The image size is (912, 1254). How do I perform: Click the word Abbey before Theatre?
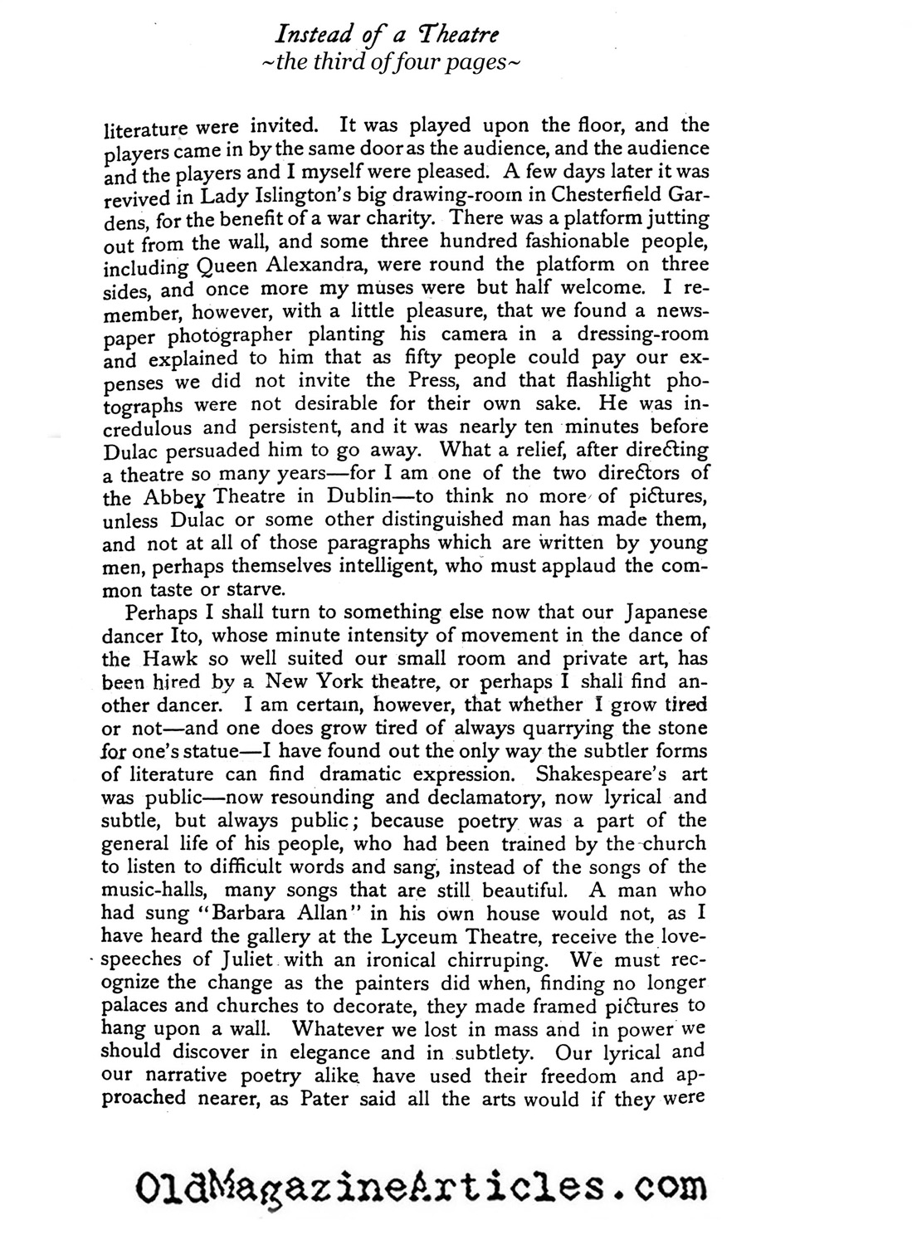[167, 498]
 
